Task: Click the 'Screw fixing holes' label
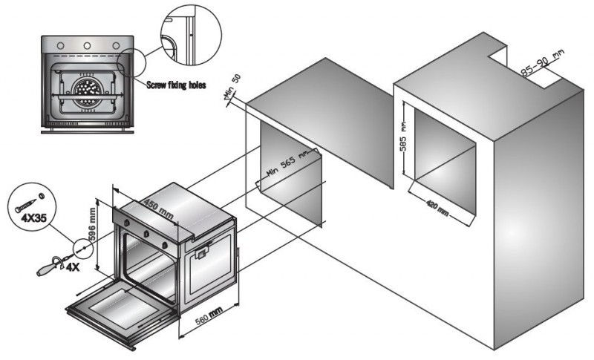point(176,85)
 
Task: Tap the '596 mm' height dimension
point(92,224)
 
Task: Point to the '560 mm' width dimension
point(209,316)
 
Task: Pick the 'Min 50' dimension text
point(232,85)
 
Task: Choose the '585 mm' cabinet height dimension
point(403,137)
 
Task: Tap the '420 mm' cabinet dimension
point(437,209)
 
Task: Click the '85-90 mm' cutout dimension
point(542,63)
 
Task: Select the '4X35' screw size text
point(33,218)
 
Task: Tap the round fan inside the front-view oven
point(87,91)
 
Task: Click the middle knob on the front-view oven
point(87,46)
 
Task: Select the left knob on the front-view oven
point(60,46)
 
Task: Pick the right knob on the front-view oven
point(116,46)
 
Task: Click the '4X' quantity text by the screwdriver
point(72,268)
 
